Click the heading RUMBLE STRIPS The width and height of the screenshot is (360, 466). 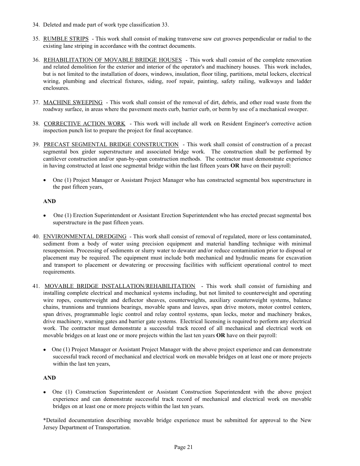point(66,39)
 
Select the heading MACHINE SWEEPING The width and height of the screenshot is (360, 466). point(73,102)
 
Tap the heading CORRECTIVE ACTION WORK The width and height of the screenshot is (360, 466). point(85,124)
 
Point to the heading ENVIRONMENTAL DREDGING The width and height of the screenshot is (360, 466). point(85,236)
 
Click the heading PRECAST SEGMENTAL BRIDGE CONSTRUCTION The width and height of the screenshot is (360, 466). point(111,144)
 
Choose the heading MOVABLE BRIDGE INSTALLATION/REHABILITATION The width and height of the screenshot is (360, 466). point(120,286)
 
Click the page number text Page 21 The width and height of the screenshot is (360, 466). point(183,447)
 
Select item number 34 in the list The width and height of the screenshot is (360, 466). point(36,25)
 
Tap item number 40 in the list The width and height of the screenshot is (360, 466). point(36,236)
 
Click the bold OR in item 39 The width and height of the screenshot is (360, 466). point(235,166)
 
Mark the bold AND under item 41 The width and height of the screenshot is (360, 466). point(49,378)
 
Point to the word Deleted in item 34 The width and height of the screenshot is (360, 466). point(52,25)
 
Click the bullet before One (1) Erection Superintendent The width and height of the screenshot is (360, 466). point(45,216)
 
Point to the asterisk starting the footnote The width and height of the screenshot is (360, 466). point(44,421)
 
